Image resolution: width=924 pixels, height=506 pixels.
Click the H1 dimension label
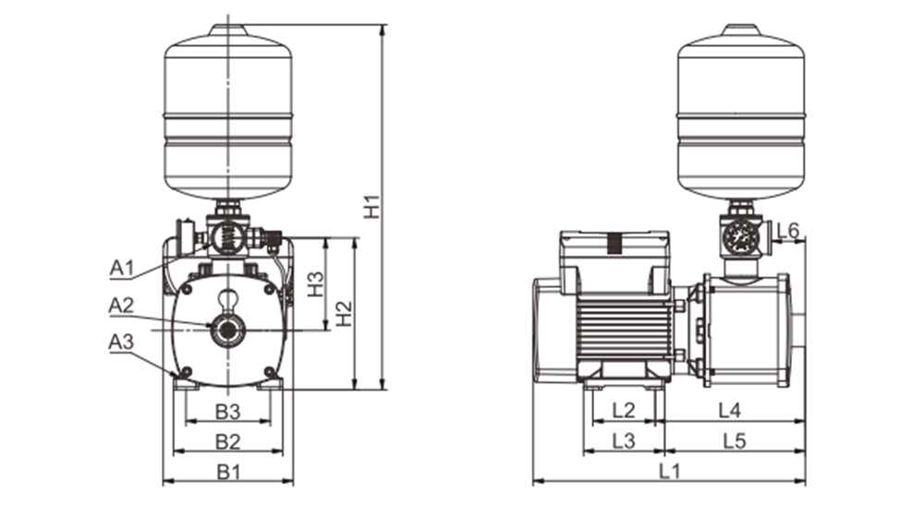coord(372,206)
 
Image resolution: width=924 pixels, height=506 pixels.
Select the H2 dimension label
coord(344,313)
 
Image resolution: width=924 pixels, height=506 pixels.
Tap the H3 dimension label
coord(316,283)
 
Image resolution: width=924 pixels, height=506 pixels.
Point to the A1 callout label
coord(122,268)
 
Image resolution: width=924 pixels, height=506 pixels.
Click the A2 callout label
coord(121,305)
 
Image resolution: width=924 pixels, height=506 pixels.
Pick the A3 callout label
coord(121,342)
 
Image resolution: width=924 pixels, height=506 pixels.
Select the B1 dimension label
coord(228,471)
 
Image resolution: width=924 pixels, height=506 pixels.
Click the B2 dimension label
coord(228,440)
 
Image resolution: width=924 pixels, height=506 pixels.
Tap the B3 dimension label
coord(228,412)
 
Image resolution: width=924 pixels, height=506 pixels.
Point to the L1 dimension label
coord(669,471)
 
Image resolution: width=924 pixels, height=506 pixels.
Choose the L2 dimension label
coord(624,410)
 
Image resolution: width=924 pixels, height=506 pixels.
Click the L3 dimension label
coord(624,440)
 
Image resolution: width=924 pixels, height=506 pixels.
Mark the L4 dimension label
coord(730,410)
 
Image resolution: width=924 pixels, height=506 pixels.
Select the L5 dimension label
coord(735,440)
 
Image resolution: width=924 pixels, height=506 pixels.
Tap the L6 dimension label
coord(788,230)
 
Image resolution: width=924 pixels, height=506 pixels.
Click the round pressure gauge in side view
coord(740,236)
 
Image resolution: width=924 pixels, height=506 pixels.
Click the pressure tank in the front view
coord(228,112)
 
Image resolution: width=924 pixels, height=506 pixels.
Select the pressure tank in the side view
coord(741,112)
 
